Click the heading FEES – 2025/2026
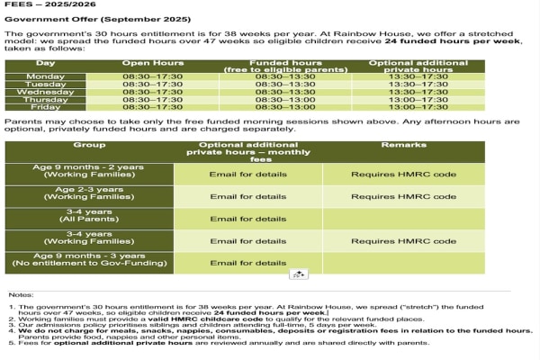40,5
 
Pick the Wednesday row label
46,92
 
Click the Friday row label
46,106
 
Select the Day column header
46,64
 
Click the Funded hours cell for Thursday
284,99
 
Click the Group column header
89,144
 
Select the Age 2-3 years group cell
89,194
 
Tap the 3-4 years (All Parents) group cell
89,218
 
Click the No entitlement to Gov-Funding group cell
89,262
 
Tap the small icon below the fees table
299,274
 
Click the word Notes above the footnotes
20,294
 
